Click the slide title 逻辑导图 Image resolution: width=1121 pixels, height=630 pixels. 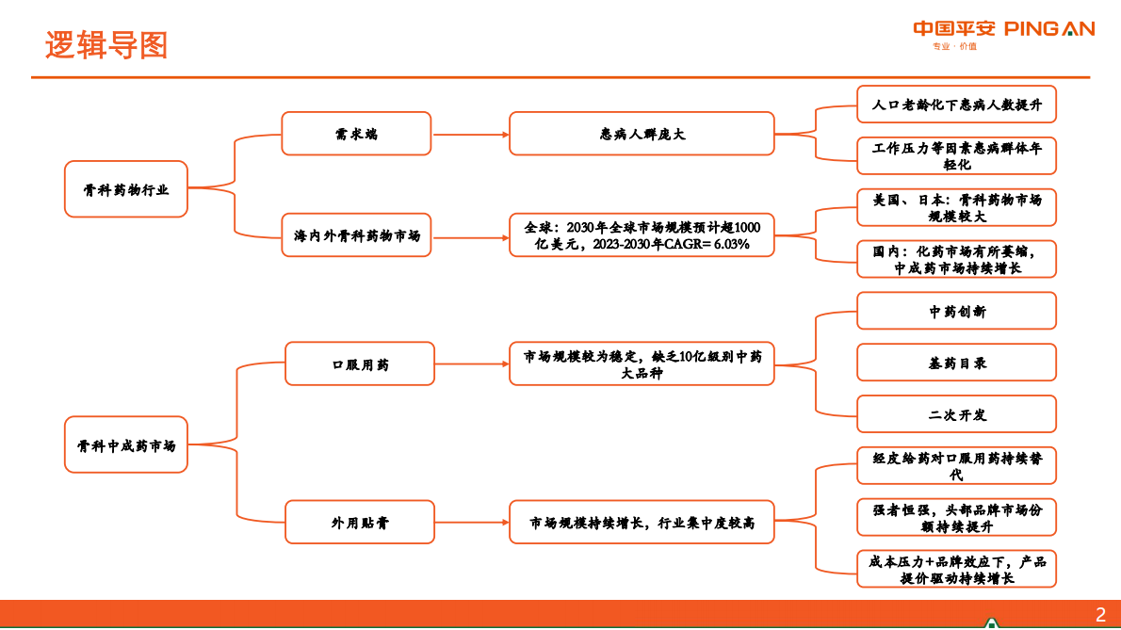[106, 44]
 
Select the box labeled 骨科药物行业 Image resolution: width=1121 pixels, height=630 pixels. [126, 189]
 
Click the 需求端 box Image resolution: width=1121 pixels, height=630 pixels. [356, 134]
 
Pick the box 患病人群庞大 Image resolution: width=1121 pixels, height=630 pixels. [642, 134]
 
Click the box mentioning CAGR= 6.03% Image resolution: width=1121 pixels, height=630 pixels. [642, 235]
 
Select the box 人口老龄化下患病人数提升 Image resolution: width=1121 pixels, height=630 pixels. [956, 105]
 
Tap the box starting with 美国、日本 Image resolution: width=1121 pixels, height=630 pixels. [956, 207]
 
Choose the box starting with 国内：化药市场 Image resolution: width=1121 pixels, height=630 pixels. [956, 259]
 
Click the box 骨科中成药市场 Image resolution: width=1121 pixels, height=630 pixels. [126, 444]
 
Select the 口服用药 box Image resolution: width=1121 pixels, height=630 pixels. [360, 363]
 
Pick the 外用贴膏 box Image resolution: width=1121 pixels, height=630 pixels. [360, 522]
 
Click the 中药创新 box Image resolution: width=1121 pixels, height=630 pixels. [956, 311]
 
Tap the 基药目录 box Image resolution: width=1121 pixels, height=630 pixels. [956, 363]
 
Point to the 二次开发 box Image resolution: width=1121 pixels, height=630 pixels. [956, 414]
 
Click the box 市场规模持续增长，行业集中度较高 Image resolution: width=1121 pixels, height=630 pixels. [642, 522]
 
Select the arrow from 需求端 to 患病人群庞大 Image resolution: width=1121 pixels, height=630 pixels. [470, 134]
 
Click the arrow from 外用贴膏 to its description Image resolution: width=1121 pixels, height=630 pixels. [472, 522]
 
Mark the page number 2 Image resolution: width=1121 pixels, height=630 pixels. [1100, 616]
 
